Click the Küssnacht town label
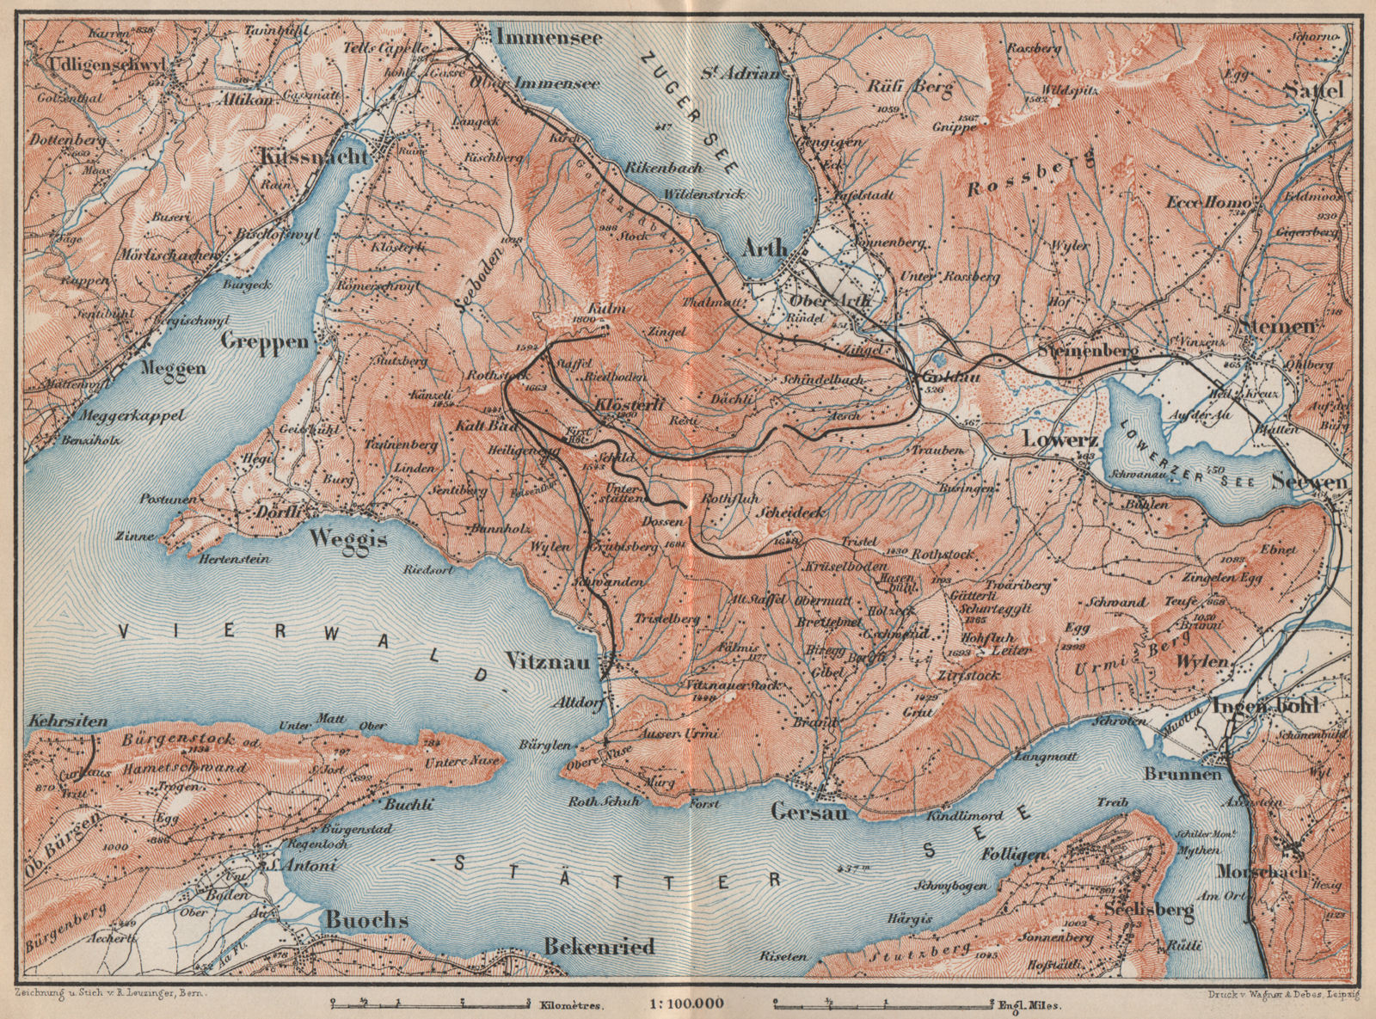click(311, 157)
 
